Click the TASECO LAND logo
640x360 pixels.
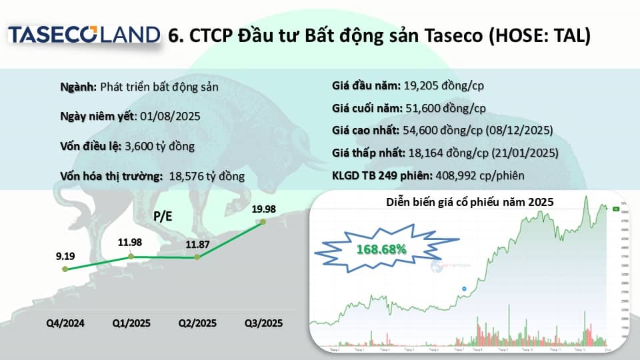coord(84,35)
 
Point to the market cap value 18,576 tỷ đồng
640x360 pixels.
coord(207,176)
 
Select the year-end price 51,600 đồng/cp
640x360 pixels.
coord(446,108)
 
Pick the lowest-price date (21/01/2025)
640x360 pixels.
coord(525,153)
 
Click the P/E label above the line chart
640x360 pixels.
coord(163,216)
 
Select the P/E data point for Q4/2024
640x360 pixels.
coord(65,269)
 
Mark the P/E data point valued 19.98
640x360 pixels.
coord(263,221)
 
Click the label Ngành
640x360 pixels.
coord(79,87)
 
